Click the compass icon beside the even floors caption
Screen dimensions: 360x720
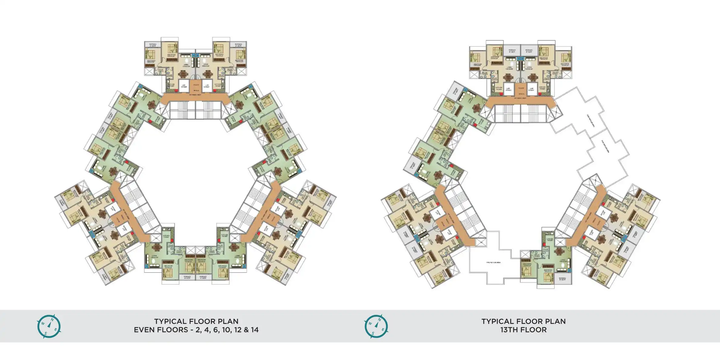pyautogui.click(x=49, y=326)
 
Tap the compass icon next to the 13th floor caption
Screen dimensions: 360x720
pyautogui.click(x=376, y=326)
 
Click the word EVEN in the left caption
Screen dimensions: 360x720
pyautogui.click(x=145, y=330)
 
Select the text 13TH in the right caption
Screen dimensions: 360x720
pyautogui.click(x=510, y=330)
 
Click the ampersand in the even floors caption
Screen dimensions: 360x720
pyautogui.click(x=246, y=330)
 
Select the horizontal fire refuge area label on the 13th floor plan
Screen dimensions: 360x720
pyautogui.click(x=493, y=262)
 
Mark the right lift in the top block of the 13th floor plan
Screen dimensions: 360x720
pyautogui.click(x=531, y=88)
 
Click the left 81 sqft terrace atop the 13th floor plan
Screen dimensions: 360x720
pyautogui.click(x=512, y=51)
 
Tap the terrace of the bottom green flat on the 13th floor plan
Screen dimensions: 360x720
pyautogui.click(x=562, y=279)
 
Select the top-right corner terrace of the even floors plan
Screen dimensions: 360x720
pyautogui.click(x=239, y=45)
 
